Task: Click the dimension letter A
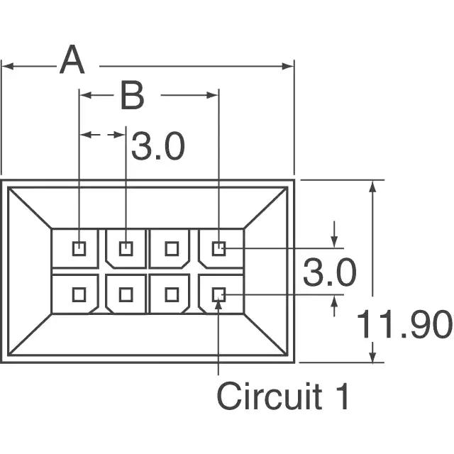click(72, 60)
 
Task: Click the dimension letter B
click(133, 95)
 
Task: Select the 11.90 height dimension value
click(404, 324)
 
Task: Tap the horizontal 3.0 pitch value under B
click(157, 145)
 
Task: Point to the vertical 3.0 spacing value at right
click(329, 272)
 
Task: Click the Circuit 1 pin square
click(218, 295)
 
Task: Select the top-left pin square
click(79, 249)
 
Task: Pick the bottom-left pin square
click(79, 295)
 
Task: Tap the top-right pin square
click(218, 249)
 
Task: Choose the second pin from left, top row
click(126, 249)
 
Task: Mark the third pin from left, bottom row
click(172, 295)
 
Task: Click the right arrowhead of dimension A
click(288, 66)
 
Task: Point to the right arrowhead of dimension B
click(212, 95)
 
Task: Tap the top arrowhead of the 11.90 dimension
click(372, 186)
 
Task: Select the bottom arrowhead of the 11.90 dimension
click(372, 356)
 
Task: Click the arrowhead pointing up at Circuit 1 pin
click(218, 304)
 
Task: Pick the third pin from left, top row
click(172, 249)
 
